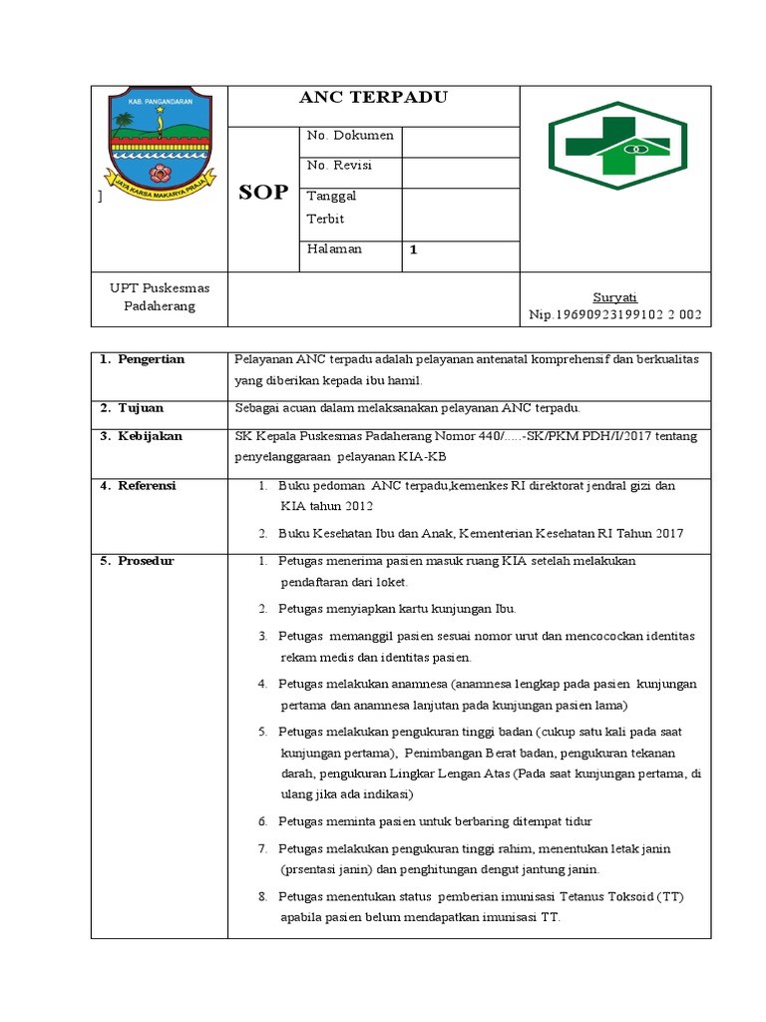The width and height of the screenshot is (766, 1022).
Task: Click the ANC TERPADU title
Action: (x=374, y=98)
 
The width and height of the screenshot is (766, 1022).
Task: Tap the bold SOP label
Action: (x=263, y=193)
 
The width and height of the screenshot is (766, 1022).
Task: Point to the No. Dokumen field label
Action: (x=350, y=136)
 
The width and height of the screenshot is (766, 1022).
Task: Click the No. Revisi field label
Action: (x=339, y=166)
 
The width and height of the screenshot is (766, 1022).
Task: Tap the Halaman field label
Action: (x=335, y=250)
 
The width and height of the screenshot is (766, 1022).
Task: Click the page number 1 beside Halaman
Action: (x=413, y=252)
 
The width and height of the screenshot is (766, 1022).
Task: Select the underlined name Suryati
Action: (x=614, y=297)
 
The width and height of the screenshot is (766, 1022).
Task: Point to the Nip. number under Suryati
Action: (x=614, y=314)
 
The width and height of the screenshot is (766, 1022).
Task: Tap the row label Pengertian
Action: (x=151, y=359)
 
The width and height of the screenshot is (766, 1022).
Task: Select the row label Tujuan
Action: (x=141, y=408)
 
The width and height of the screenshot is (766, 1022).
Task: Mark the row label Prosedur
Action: (x=146, y=561)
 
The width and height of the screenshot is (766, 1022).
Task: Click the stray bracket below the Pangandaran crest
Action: (x=99, y=198)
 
